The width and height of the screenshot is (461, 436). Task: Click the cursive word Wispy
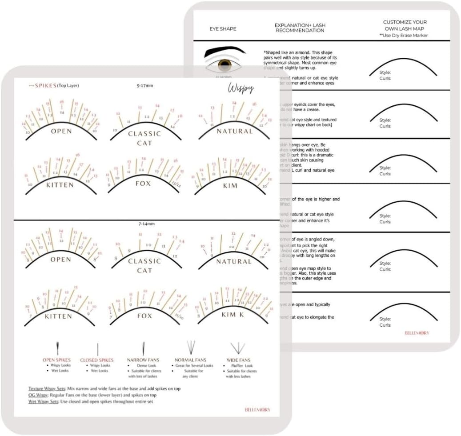tap(241, 88)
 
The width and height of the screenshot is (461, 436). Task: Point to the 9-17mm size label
tap(145, 85)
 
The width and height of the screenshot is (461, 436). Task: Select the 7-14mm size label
tap(145, 224)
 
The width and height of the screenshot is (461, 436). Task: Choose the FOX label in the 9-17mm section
tap(144, 184)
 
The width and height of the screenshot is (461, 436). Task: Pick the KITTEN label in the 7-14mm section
tap(58, 316)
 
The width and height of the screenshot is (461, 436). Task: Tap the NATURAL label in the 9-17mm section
tap(234, 132)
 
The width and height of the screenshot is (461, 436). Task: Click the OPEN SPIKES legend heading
tap(56, 360)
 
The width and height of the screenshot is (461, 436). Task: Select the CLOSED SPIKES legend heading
tap(96, 360)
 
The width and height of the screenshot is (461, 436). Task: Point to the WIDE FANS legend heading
tap(239, 360)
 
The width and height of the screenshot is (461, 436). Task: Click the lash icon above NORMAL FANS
tap(191, 347)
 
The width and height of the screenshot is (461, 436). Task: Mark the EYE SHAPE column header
tap(223, 29)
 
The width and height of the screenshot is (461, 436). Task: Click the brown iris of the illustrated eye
tap(224, 65)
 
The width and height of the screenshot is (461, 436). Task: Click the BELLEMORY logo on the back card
tap(417, 332)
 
